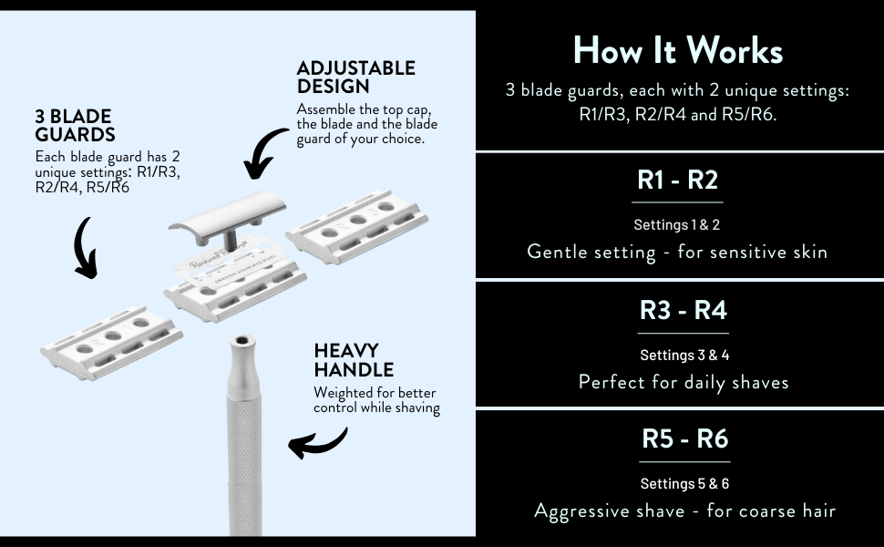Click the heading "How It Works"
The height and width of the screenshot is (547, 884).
click(x=678, y=51)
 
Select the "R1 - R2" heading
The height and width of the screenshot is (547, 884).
click(x=678, y=180)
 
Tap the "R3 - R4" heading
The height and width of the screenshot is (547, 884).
click(x=683, y=310)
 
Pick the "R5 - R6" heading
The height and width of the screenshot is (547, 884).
click(x=684, y=439)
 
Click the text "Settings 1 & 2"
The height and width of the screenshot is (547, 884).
click(x=677, y=225)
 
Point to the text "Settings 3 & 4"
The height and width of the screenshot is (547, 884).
click(x=684, y=356)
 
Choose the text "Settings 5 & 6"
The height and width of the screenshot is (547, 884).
click(x=684, y=484)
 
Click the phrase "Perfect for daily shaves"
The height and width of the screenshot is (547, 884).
click(x=684, y=382)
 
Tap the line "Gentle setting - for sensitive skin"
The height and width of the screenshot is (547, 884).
click(x=677, y=252)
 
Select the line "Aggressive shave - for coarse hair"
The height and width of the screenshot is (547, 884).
click(x=684, y=511)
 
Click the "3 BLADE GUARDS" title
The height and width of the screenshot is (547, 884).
click(x=74, y=126)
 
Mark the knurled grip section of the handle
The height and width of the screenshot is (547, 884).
click(x=244, y=456)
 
